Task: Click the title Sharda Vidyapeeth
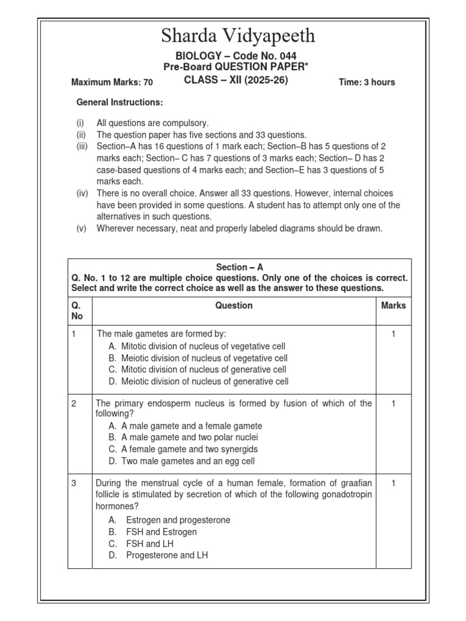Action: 238,36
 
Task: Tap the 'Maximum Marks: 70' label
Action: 112,82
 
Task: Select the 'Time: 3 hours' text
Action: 366,82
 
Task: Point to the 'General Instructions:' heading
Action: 120,102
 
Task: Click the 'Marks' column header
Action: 393,306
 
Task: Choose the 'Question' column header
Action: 234,306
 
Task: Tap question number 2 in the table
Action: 74,404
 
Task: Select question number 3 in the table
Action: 74,483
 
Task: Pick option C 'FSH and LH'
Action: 149,544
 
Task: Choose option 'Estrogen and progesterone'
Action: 178,520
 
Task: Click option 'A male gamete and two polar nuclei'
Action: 190,437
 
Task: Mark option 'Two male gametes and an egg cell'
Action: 188,461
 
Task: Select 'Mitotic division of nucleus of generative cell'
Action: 203,369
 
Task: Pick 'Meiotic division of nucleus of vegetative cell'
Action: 204,358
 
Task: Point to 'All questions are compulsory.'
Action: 153,123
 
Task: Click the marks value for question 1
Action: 393,334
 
